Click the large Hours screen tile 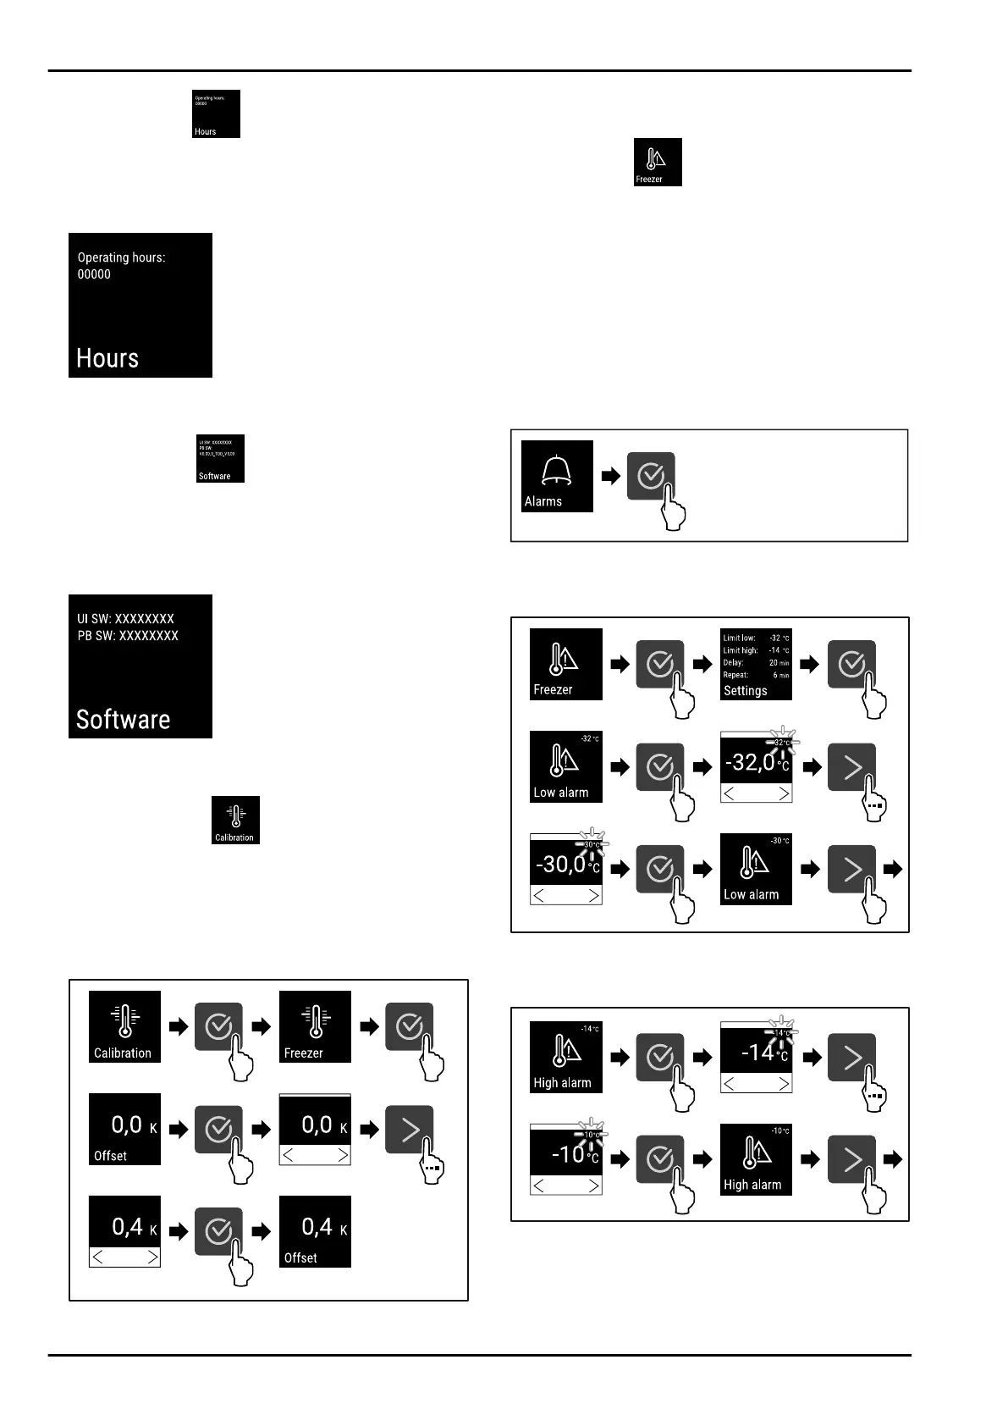pyautogui.click(x=140, y=305)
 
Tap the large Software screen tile pyautogui.click(x=140, y=666)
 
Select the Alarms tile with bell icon pyautogui.click(x=557, y=476)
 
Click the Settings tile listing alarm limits pyautogui.click(x=756, y=665)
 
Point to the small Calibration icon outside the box pyautogui.click(x=235, y=820)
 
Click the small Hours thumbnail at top pyautogui.click(x=216, y=113)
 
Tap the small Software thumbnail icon pyautogui.click(x=220, y=458)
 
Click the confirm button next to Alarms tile pyautogui.click(x=651, y=476)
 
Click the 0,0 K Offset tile pyautogui.click(x=124, y=1129)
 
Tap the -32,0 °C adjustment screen pyautogui.click(x=756, y=766)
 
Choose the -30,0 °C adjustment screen pyautogui.click(x=565, y=869)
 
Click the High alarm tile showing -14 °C pyautogui.click(x=565, y=1057)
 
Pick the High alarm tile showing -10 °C pyautogui.click(x=756, y=1159)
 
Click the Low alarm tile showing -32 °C pyautogui.click(x=565, y=766)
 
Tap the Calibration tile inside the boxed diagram pyautogui.click(x=124, y=1026)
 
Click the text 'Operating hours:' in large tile pyautogui.click(x=121, y=257)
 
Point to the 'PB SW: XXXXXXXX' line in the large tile pyautogui.click(x=128, y=636)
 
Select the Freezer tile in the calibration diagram pyautogui.click(x=315, y=1026)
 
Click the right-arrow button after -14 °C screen pyautogui.click(x=851, y=1057)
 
